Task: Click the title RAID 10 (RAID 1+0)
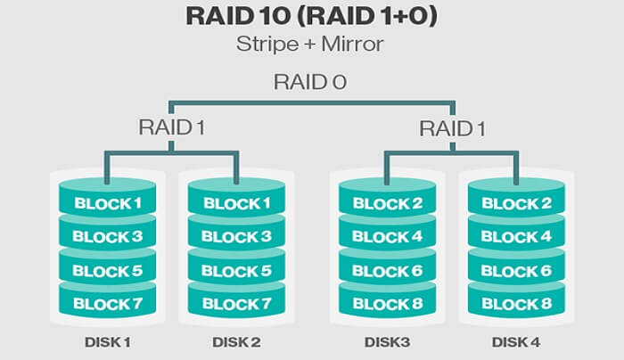pos(312,18)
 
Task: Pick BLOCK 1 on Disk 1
pos(107,203)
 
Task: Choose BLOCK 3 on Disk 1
pos(107,236)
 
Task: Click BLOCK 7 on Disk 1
pos(107,304)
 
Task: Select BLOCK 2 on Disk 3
pos(388,203)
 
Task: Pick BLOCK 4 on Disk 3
pos(388,236)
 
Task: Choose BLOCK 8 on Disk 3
pos(388,304)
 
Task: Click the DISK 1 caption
pos(107,341)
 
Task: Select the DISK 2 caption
pos(237,341)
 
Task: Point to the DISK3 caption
pos(387,341)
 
